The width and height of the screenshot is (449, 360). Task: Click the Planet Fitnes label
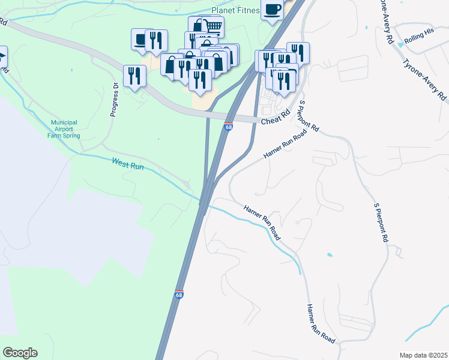pyautogui.click(x=236, y=10)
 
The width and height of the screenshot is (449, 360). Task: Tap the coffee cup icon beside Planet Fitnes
pyautogui.click(x=272, y=10)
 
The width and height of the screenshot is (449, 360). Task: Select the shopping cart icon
pyautogui.click(x=214, y=25)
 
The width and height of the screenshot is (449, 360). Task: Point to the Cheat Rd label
pyautogui.click(x=275, y=121)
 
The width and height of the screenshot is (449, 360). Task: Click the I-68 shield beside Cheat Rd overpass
pyautogui.click(x=229, y=127)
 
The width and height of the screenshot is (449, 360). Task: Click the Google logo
pyautogui.click(x=20, y=353)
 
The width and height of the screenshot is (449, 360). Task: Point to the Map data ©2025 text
pyautogui.click(x=423, y=355)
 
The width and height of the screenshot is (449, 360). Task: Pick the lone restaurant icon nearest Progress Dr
pyautogui.click(x=134, y=76)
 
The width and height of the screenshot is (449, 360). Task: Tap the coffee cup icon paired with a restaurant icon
pyautogui.click(x=140, y=40)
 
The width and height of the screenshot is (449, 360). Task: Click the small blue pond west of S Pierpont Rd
pyautogui.click(x=330, y=255)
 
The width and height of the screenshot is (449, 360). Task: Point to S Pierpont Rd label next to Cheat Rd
pyautogui.click(x=309, y=117)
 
